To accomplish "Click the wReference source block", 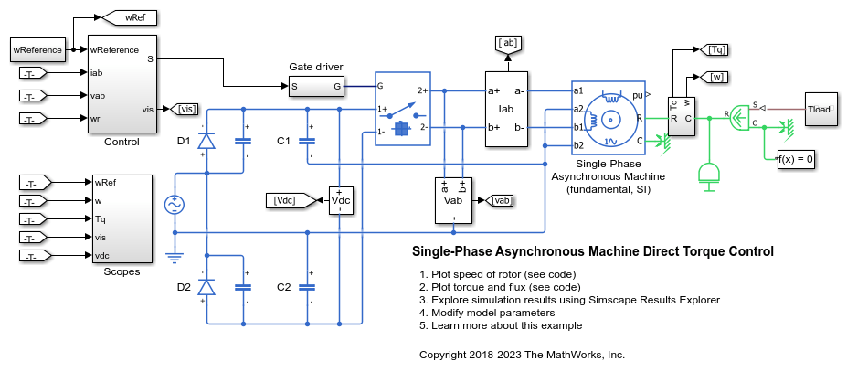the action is pyautogui.click(x=37, y=49).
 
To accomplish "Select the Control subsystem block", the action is pyautogui.click(x=122, y=84).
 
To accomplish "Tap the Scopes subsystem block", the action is pyautogui.click(x=122, y=219).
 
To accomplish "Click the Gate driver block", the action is pyautogui.click(x=316, y=86).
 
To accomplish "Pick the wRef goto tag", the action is pyautogui.click(x=130, y=18).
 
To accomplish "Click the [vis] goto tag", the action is pyautogui.click(x=184, y=109).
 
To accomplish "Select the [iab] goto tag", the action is pyautogui.click(x=507, y=45).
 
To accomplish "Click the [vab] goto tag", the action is pyautogui.click(x=500, y=200).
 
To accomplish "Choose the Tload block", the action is pyautogui.click(x=821, y=109).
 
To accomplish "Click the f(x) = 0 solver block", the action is pyautogui.click(x=796, y=160).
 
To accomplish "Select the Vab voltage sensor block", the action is pyautogui.click(x=453, y=200).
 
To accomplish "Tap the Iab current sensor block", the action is pyautogui.click(x=506, y=109).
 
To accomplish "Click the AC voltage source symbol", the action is pyautogui.click(x=175, y=205).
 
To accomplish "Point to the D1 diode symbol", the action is pyautogui.click(x=206, y=141).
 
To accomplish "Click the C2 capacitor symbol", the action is pyautogui.click(x=307, y=287).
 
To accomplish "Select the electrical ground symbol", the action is pyautogui.click(x=175, y=258).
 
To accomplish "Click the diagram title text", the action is pyautogui.click(x=593, y=251).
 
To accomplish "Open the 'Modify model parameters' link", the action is pyautogui.click(x=493, y=313).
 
